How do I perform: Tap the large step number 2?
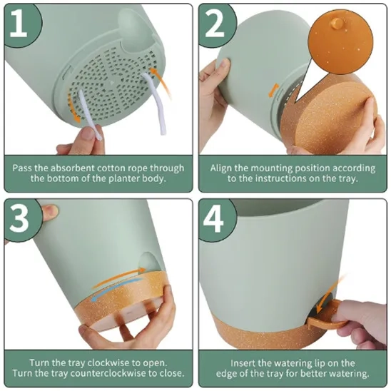(215, 24)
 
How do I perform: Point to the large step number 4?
(213, 219)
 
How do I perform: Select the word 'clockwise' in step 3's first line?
(107, 362)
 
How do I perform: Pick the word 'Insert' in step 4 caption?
(243, 363)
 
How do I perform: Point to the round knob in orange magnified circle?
(337, 23)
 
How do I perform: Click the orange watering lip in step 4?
(326, 315)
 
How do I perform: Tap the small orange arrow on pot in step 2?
(273, 91)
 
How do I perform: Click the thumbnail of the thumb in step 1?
(87, 133)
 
